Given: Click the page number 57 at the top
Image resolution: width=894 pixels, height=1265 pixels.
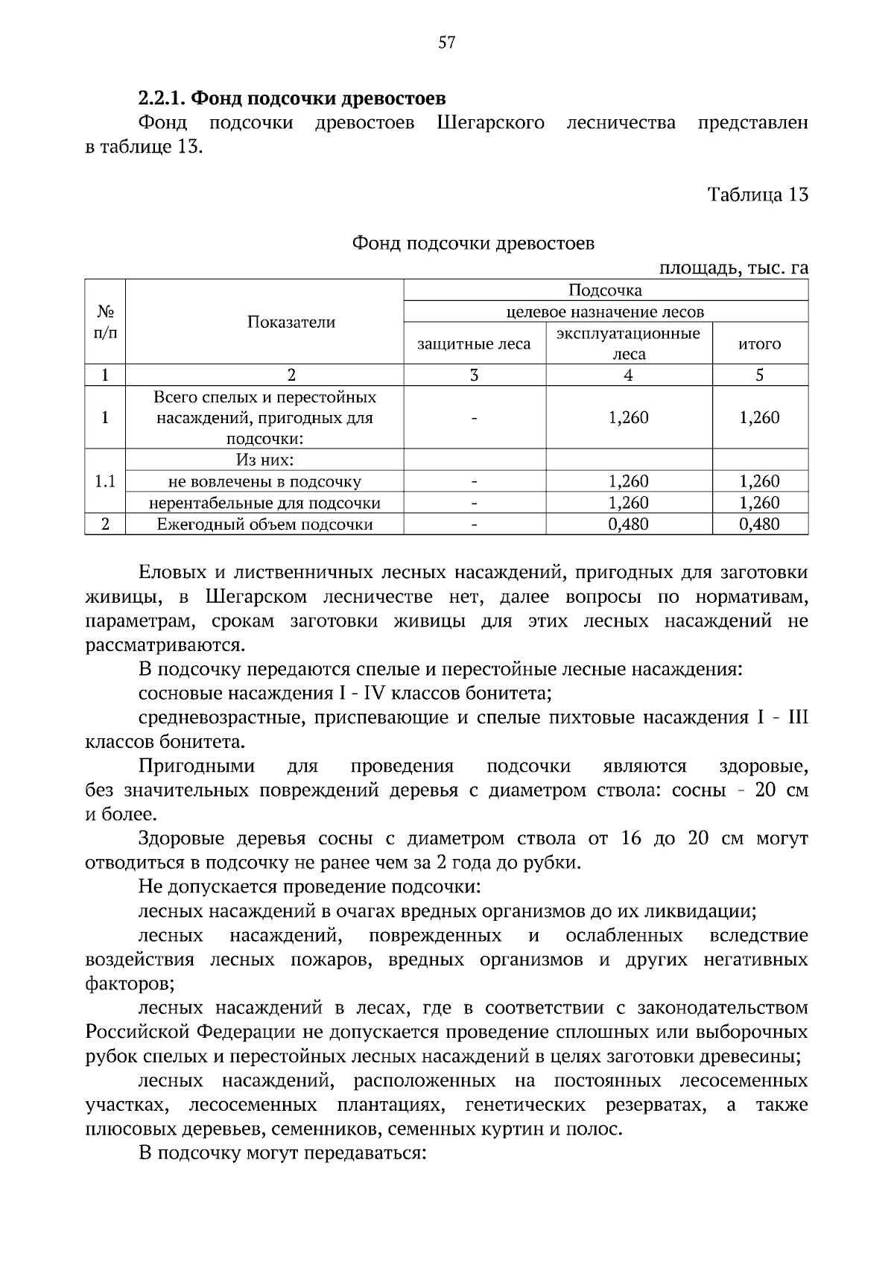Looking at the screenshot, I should pyautogui.click(x=446, y=42).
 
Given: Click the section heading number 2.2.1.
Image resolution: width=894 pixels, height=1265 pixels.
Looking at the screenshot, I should pyautogui.click(x=162, y=98).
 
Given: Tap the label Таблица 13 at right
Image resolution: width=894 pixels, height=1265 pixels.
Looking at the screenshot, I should pyautogui.click(x=757, y=194).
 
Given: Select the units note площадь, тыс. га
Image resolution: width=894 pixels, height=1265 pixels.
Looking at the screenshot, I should pyautogui.click(x=733, y=267).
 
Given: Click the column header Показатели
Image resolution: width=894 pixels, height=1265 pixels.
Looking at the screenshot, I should pyautogui.click(x=291, y=322).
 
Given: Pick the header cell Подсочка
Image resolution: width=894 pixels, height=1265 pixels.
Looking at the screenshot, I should pyautogui.click(x=605, y=290).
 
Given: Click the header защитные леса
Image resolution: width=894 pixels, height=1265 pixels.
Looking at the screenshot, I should pyautogui.click(x=474, y=343).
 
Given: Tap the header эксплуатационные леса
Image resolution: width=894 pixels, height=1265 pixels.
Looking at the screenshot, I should pyautogui.click(x=628, y=343).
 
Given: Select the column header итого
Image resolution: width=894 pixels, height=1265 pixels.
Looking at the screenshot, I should pyautogui.click(x=759, y=343).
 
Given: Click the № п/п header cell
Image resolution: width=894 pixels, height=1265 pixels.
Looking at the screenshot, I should pyautogui.click(x=105, y=322).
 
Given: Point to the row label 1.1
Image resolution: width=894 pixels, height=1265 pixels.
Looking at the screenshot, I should pyautogui.click(x=105, y=481).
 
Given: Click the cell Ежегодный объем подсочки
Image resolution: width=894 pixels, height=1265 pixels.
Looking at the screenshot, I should pyautogui.click(x=264, y=524).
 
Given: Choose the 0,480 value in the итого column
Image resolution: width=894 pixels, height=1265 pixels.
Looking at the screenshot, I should pyautogui.click(x=759, y=524).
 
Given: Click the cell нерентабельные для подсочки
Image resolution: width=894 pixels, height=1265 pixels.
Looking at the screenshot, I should pyautogui.click(x=264, y=503).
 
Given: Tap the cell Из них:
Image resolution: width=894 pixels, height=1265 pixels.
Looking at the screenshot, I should pyautogui.click(x=264, y=460).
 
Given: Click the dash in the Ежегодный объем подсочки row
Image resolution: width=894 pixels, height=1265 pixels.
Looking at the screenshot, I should pyautogui.click(x=474, y=524).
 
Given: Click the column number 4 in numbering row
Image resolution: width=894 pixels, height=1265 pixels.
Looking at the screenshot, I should pyautogui.click(x=628, y=375).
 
